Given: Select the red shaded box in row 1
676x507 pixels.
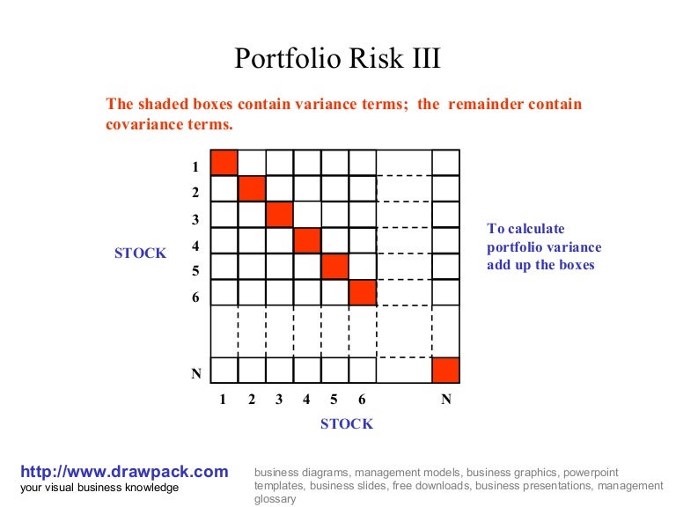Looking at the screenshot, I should [x=224, y=163].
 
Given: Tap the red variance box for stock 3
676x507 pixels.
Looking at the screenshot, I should [x=279, y=215].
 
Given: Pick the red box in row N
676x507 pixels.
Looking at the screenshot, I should [x=445, y=370].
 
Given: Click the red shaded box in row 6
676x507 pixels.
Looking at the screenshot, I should [x=362, y=292].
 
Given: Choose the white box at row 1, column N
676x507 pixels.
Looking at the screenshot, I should [x=445, y=163].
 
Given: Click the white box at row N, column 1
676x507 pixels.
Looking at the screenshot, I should [x=224, y=370].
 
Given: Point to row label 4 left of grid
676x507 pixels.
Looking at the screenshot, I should [x=195, y=247].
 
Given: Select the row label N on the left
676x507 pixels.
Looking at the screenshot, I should [x=196, y=374].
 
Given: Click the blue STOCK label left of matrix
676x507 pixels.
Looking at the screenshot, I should [x=140, y=253].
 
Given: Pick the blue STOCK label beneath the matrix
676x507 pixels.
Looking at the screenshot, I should [x=346, y=424].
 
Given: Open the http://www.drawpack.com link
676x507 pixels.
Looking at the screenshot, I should [x=124, y=472].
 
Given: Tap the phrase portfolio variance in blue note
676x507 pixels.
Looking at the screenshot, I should [x=544, y=247].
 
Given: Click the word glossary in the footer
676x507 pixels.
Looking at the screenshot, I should [x=275, y=498].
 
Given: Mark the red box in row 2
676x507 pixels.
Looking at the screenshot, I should [x=252, y=188].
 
